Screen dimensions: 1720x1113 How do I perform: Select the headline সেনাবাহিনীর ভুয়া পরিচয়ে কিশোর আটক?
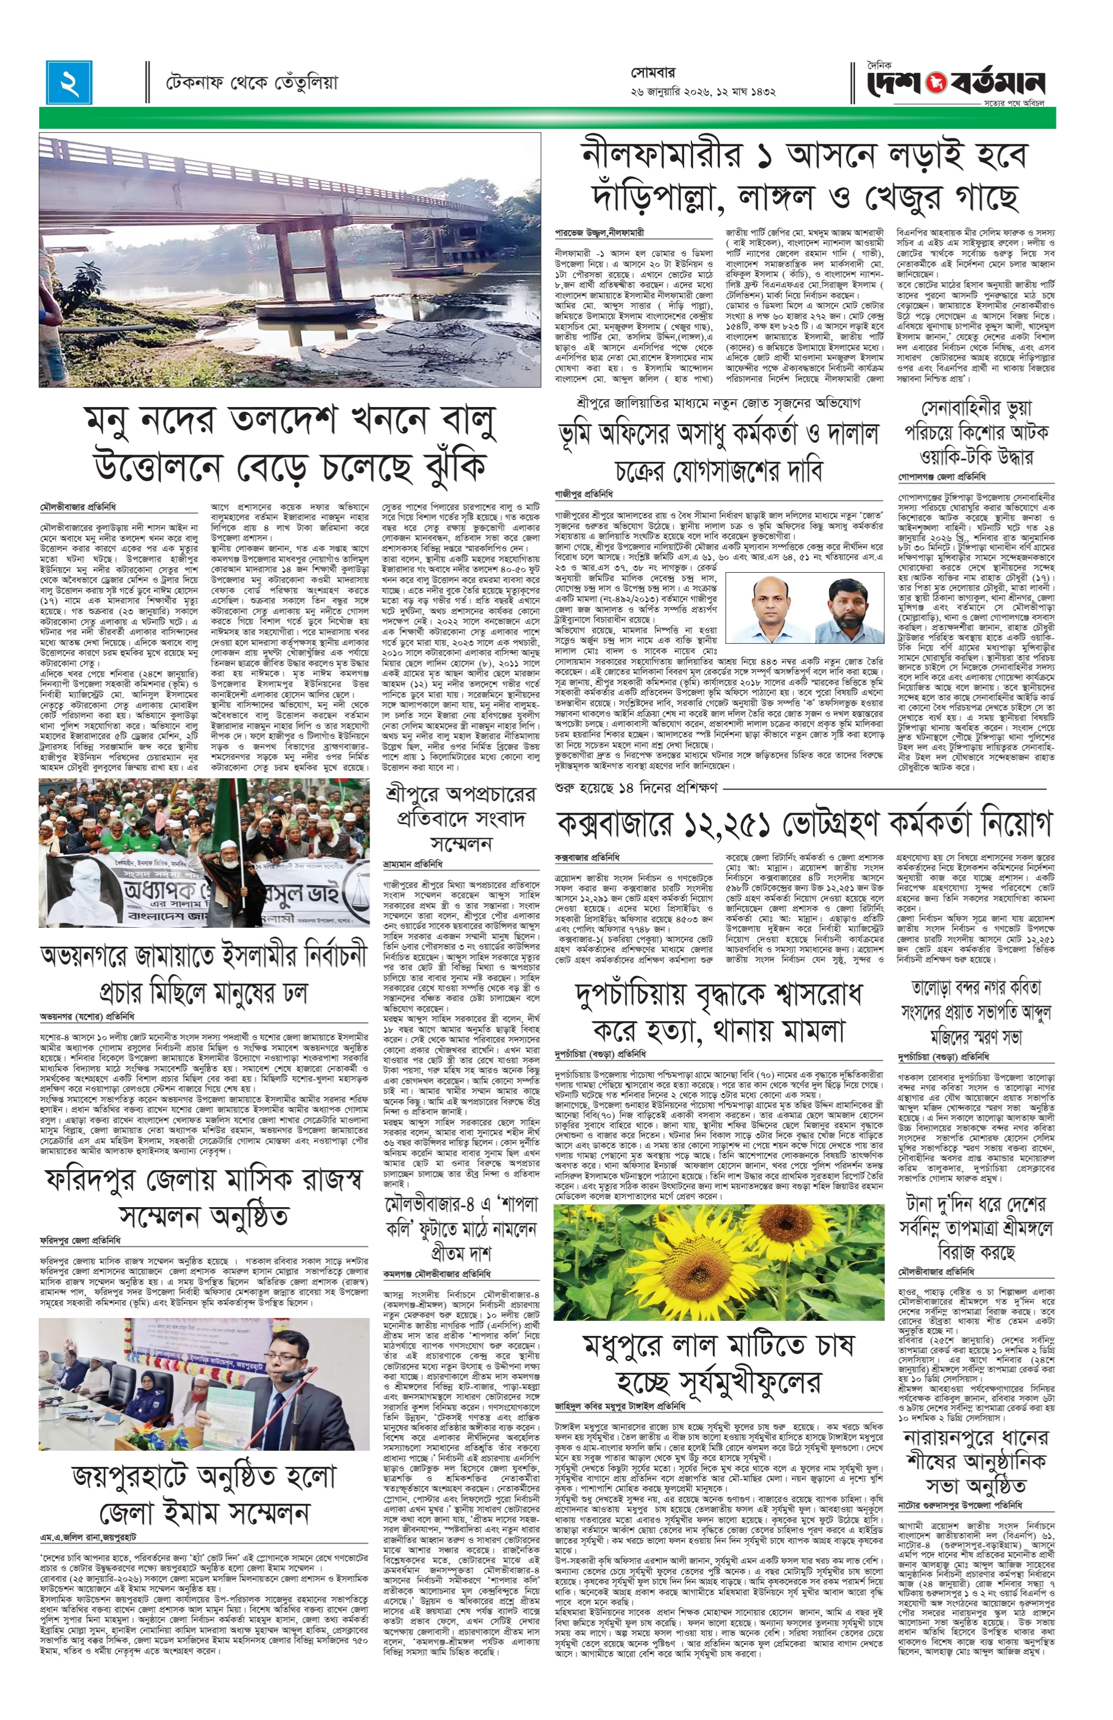(976, 433)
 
